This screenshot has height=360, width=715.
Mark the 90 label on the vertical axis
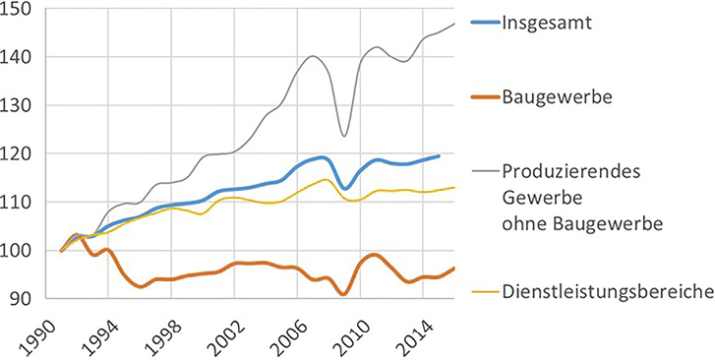[26, 299]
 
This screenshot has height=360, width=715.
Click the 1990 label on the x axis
[45, 330]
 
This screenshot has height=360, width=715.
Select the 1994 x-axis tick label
[102, 330]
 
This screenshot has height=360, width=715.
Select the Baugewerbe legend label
[558, 98]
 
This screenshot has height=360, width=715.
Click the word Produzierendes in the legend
[569, 171]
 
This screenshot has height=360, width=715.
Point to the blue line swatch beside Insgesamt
[478, 25]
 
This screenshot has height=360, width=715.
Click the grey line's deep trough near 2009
[343, 136]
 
